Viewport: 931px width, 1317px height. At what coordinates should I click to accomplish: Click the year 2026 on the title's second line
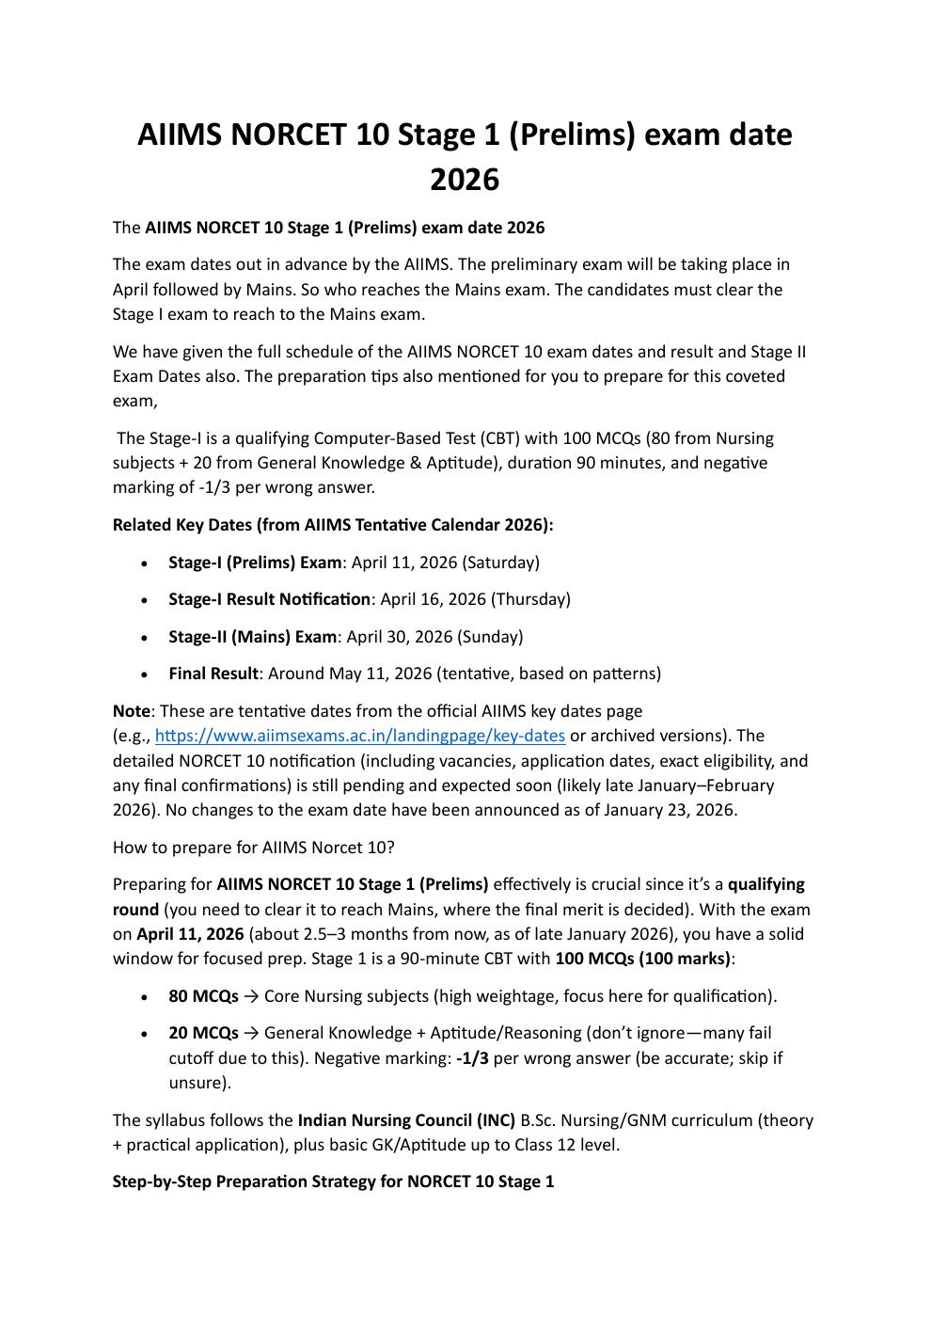(465, 179)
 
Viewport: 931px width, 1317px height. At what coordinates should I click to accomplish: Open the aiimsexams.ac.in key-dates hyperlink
(359, 736)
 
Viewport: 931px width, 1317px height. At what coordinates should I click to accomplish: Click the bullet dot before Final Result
(144, 674)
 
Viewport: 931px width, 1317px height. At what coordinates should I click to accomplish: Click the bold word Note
(131, 711)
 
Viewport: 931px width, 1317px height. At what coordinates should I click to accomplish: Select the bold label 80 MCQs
(203, 996)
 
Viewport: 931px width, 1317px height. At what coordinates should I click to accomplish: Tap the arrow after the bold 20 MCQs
(251, 1033)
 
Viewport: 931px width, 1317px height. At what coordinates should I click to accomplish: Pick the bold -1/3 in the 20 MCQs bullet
(472, 1058)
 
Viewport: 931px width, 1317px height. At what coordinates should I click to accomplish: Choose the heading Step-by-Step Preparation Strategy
(333, 1182)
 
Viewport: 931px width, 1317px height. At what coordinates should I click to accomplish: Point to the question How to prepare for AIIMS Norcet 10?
(253, 848)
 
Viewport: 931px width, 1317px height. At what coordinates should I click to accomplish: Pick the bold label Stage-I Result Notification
(269, 599)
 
